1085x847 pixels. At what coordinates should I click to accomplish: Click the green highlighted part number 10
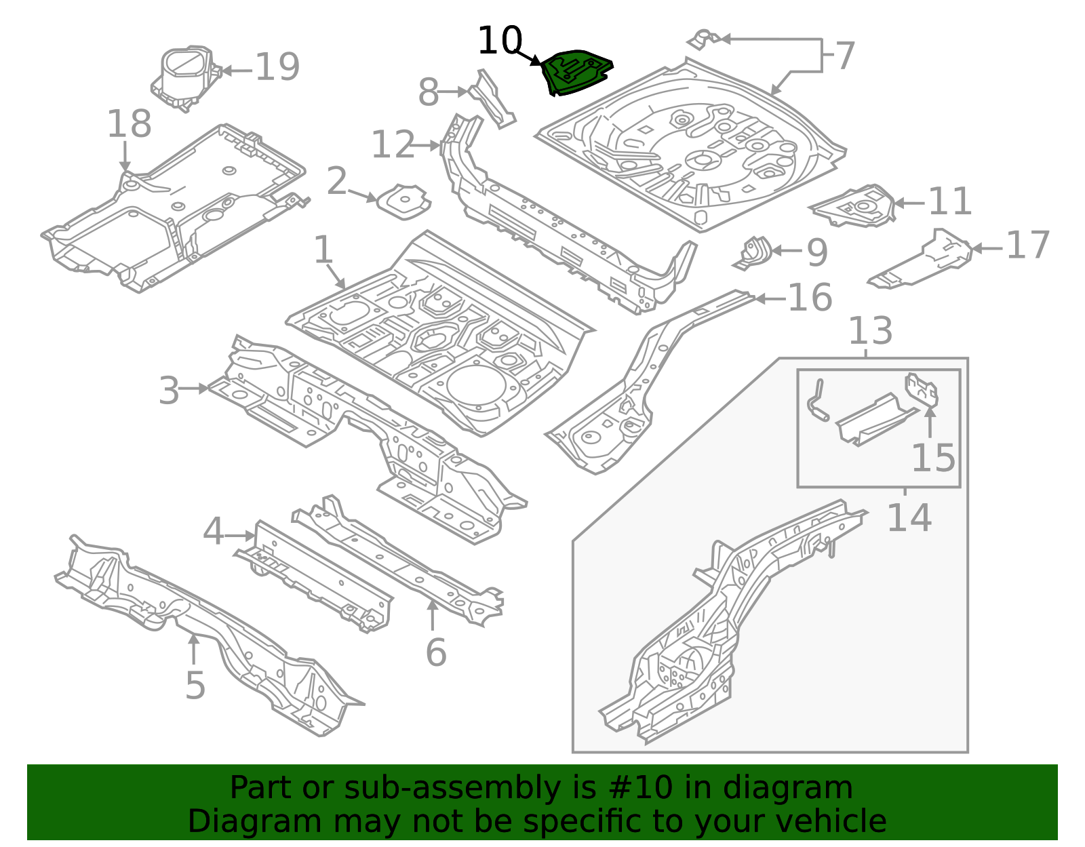576,72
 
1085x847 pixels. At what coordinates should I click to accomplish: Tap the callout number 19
277,68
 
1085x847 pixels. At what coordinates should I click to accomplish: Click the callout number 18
129,125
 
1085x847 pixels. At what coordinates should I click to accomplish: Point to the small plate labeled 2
404,201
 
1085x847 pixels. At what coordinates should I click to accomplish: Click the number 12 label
393,145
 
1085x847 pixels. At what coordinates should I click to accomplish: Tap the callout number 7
845,56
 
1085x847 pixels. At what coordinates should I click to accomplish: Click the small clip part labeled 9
754,252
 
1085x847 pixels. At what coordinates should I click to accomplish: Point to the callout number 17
1028,245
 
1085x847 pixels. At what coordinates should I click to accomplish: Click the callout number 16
810,298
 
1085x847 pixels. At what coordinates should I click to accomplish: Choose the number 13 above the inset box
870,331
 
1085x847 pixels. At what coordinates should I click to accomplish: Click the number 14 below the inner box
909,518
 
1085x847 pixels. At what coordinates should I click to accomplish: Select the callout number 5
195,686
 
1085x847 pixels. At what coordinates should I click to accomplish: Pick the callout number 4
213,532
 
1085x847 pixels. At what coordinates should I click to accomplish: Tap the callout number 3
169,391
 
